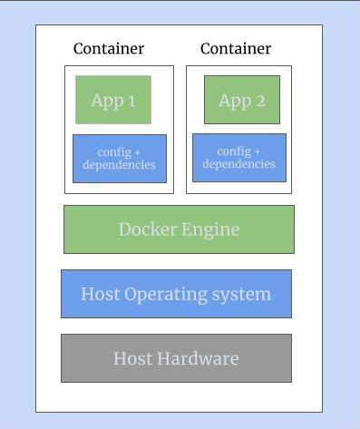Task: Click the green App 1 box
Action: click(113, 100)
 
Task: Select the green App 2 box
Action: click(242, 100)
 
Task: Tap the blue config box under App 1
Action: click(120, 158)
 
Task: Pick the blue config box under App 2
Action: click(239, 157)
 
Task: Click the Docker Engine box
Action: click(179, 229)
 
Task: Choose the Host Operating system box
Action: click(176, 294)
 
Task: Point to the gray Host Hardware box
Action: click(176, 358)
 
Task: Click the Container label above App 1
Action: click(109, 49)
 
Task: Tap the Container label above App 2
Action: click(236, 49)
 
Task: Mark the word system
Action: click(245, 295)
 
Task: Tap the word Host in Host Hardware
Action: click(131, 359)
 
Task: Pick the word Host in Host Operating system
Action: click(100, 295)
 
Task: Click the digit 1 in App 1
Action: click(131, 101)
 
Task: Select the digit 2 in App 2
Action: click(260, 101)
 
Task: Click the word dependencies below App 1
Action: click(120, 165)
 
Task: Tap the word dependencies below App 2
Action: click(239, 164)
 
